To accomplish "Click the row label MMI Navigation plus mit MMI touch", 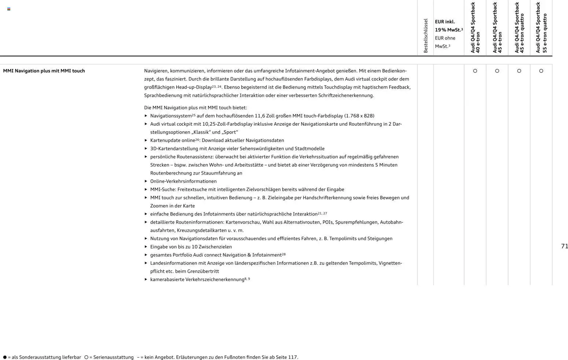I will click(44, 71).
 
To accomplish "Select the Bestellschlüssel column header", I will click(425, 36).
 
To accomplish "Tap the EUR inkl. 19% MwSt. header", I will click(449, 26).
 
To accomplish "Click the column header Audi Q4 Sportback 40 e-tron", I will click(475, 28).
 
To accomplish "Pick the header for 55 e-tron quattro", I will click(541, 28).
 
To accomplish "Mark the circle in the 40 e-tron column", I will click(475, 71).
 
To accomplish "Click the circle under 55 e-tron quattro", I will click(541, 71).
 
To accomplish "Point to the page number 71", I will click(564, 246).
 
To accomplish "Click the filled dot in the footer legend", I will click(5, 357).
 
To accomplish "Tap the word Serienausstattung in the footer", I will click(113, 357).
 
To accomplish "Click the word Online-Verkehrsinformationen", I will click(183, 181).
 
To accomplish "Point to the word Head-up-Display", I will click(193, 87).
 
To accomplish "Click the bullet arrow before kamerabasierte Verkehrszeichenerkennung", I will click(146, 279).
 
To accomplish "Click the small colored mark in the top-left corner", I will click(9, 9).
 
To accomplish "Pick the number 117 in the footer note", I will click(292, 357).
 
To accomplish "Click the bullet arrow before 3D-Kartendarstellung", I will click(146, 148).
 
